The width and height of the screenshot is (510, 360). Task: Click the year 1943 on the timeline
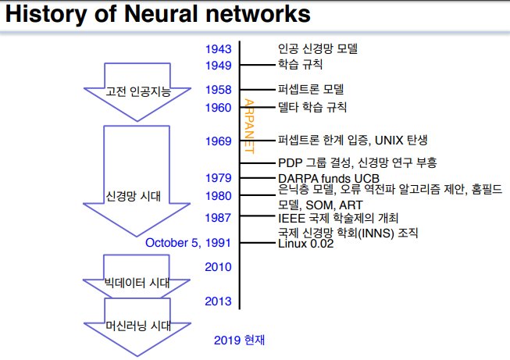tap(218, 49)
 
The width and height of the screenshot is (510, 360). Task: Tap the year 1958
tap(218, 90)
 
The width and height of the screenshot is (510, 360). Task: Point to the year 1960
tap(218, 108)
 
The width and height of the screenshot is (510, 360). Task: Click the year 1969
tap(218, 141)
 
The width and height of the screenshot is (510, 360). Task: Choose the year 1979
tap(218, 178)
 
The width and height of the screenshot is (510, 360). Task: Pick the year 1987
tap(218, 218)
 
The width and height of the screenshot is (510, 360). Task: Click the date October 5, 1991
tap(187, 243)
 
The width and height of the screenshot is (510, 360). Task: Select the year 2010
tap(218, 267)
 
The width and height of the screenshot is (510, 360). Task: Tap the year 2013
tap(218, 301)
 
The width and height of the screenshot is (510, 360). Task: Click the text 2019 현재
tap(240, 340)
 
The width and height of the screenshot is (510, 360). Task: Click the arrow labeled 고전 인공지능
tap(137, 92)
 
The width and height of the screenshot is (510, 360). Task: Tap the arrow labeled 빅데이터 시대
tap(137, 280)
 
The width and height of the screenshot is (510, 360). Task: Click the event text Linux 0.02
tap(306, 244)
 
